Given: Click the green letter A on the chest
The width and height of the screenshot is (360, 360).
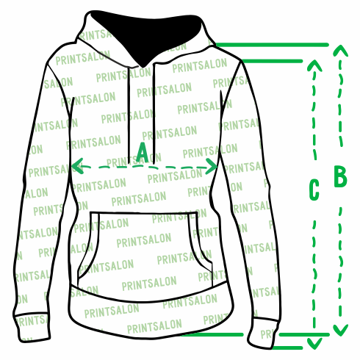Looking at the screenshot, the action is pyautogui.click(x=143, y=153).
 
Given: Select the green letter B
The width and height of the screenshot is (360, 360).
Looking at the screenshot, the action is pyautogui.click(x=340, y=176).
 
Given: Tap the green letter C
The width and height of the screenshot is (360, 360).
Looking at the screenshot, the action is pyautogui.click(x=314, y=190).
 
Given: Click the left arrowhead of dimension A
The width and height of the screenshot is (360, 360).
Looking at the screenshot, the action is pyautogui.click(x=77, y=166).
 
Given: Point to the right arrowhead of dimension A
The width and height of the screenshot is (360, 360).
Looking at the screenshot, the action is pyautogui.click(x=211, y=166).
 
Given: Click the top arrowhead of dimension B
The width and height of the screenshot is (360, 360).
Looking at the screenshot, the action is pyautogui.click(x=340, y=51).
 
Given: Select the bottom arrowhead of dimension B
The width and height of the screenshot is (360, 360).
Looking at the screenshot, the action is pyautogui.click(x=340, y=330).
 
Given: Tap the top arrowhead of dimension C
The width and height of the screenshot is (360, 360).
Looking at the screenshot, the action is pyautogui.click(x=314, y=65).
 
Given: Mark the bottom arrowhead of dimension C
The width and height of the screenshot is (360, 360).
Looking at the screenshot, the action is pyautogui.click(x=314, y=343).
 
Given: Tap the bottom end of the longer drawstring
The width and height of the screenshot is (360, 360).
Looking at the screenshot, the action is pyautogui.click(x=154, y=163).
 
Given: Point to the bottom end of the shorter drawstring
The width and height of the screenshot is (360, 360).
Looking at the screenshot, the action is pyautogui.click(x=129, y=162).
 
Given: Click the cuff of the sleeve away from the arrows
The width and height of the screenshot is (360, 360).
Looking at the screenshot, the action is pyautogui.click(x=32, y=327).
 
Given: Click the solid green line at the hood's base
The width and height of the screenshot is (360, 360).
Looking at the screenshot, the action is pyautogui.click(x=272, y=45).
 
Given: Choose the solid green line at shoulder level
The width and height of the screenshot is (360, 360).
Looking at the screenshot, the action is pyautogui.click(x=273, y=61).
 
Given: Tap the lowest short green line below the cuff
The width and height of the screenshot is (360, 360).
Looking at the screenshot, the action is pyautogui.click(x=287, y=348).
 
